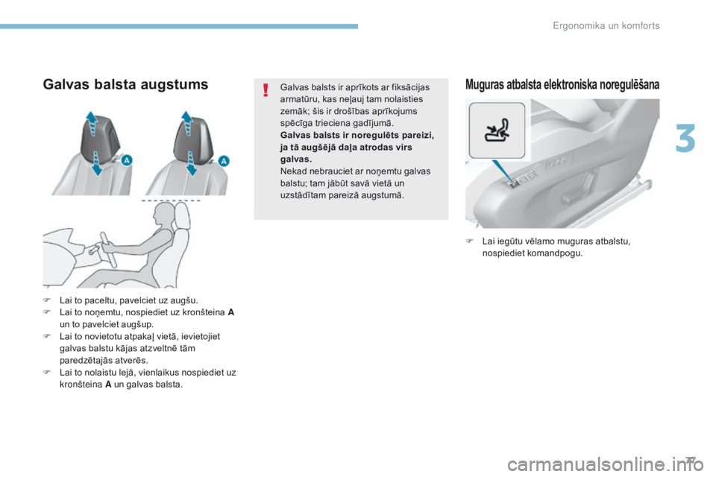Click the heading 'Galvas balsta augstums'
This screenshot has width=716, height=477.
[x=125, y=84]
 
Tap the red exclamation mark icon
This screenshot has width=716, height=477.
[x=265, y=92]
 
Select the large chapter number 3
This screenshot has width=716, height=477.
[x=686, y=139]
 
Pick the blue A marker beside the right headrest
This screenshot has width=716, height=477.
[x=223, y=162]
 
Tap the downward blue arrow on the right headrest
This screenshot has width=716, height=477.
[x=192, y=165]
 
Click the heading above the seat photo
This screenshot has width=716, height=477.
[x=562, y=84]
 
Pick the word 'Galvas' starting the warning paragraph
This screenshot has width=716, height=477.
[x=293, y=86]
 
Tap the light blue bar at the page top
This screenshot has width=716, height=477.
[x=179, y=26]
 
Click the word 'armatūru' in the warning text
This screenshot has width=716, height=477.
[x=298, y=98]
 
